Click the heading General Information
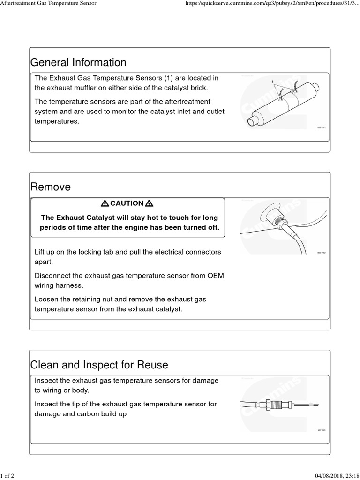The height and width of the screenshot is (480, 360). coord(78,63)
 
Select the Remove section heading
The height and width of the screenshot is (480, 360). coord(51,187)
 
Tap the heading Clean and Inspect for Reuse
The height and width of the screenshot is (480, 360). coord(99,365)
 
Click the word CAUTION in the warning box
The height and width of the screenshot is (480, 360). coord(127,203)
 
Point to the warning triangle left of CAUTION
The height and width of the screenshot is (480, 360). coord(105,203)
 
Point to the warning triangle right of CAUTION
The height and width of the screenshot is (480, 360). coord(150,203)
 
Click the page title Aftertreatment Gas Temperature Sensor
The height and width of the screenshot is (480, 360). coord(48,4)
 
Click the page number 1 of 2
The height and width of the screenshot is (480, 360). coord(7,476)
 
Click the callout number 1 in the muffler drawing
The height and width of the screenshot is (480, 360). coord(272,82)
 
